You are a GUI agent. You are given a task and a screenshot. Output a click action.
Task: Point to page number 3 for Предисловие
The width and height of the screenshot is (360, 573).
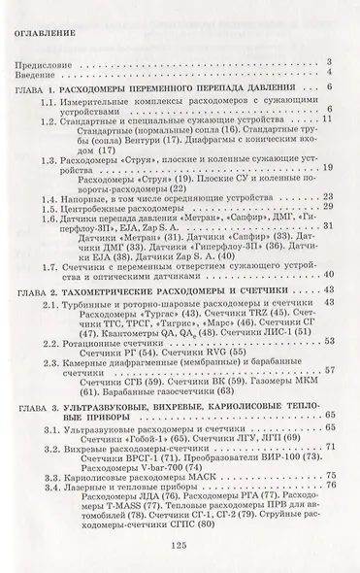click(x=331, y=60)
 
